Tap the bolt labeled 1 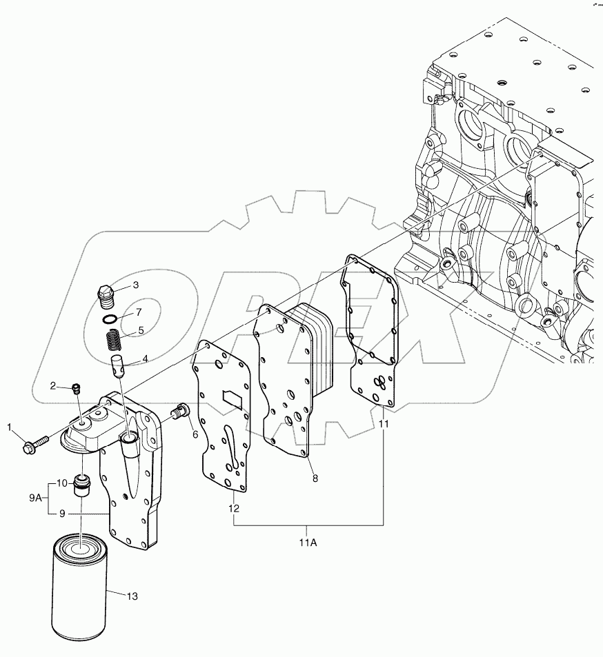[x=35, y=441]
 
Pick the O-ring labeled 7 [x=109, y=319]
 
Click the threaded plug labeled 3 [x=106, y=295]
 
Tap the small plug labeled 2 [x=76, y=390]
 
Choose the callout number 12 [x=235, y=508]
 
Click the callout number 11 [x=384, y=425]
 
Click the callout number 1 [x=10, y=429]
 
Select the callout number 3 [x=136, y=285]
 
